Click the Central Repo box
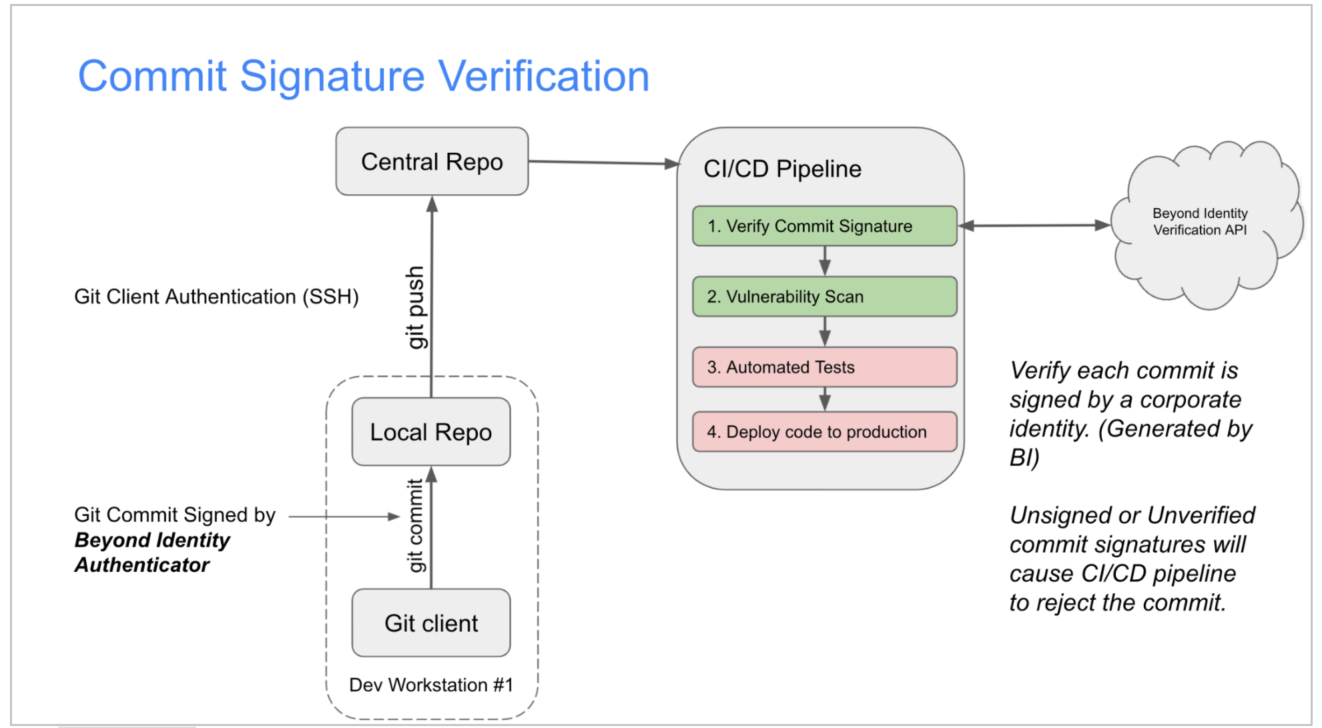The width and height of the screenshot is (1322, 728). [x=432, y=161]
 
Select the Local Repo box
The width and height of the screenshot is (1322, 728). [x=430, y=432]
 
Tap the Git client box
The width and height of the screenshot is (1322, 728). [x=430, y=623]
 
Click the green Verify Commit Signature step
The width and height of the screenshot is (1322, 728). [x=824, y=226]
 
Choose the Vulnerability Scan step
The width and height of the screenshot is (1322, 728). [x=824, y=296]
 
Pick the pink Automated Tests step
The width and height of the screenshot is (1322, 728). [x=824, y=367]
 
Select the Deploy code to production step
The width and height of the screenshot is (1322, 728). [x=824, y=432]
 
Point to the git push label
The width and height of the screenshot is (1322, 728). [x=415, y=307]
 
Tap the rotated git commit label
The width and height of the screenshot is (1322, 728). [x=415, y=525]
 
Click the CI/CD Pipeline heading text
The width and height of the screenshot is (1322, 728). [x=782, y=169]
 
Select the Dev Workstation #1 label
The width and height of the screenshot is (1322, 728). [x=431, y=685]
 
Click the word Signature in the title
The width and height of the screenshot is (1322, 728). [x=332, y=76]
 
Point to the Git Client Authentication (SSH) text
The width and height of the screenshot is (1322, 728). [x=216, y=296]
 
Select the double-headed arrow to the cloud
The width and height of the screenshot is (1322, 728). [x=1034, y=226]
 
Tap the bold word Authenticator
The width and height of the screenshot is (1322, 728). [x=142, y=565]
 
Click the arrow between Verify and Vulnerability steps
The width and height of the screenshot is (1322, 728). [x=825, y=261]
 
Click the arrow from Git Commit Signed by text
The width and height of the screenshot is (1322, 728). [x=344, y=516]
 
